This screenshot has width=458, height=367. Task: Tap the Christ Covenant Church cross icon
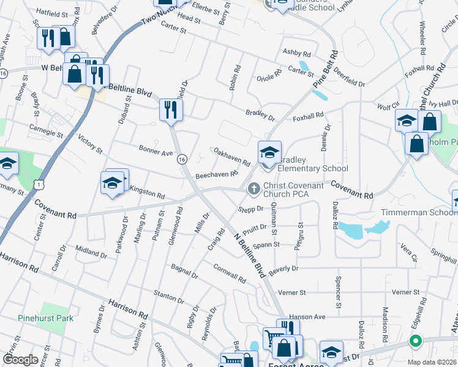point(252,190)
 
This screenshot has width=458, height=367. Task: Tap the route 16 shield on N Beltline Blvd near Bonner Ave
point(182,159)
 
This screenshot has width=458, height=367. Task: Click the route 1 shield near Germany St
point(39,183)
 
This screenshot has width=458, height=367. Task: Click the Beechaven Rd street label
point(216,175)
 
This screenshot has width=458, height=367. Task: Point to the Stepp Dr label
point(250,209)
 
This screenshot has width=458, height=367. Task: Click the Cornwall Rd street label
point(230,273)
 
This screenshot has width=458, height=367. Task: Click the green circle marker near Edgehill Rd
point(416,341)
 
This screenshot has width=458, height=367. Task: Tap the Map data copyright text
point(432,362)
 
